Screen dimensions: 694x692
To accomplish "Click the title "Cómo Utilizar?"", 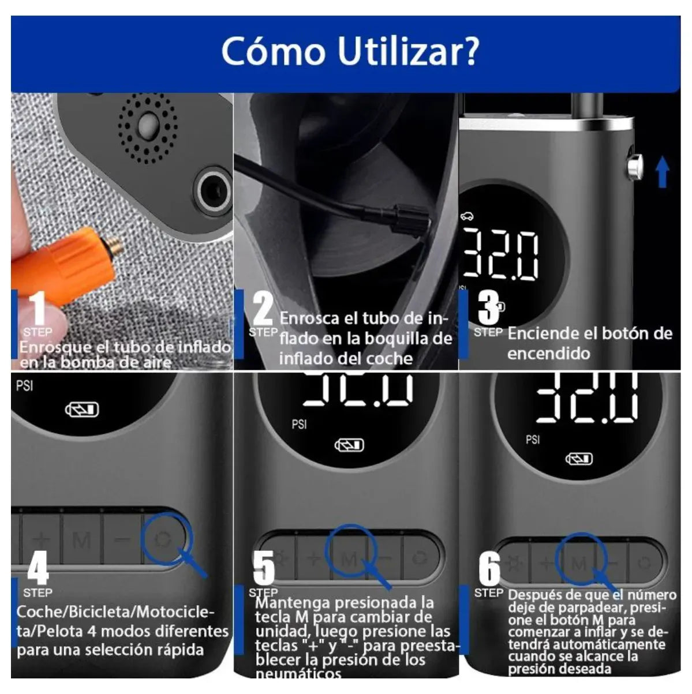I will point(350,51).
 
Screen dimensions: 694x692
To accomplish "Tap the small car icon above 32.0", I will point(467,217).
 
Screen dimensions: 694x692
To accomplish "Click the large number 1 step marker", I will point(38,308).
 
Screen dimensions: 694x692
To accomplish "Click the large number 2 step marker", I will point(263,308).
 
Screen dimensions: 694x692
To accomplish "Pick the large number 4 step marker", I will point(38,568).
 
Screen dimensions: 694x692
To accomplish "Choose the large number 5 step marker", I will point(264,568).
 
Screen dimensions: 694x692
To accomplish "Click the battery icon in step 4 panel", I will point(82,410).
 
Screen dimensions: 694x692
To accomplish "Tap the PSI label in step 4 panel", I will point(24,386).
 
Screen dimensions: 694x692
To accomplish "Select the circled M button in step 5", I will point(350,558).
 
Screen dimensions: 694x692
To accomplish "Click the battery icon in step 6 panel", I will point(578,459).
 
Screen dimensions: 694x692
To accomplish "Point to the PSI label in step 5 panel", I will point(299,425).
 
